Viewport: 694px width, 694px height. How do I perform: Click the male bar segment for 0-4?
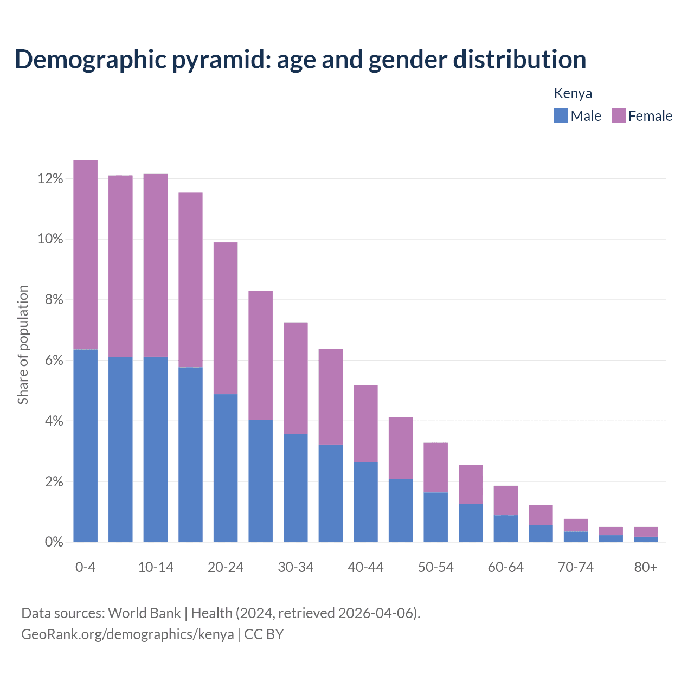pos(86,446)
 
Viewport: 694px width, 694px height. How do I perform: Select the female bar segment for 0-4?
pos(86,255)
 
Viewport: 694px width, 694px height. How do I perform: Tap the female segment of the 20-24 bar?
pos(226,318)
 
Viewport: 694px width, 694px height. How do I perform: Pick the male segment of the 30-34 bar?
pos(295,488)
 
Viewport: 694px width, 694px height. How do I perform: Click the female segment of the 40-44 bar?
pos(365,423)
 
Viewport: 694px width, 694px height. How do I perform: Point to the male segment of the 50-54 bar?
pos(435,517)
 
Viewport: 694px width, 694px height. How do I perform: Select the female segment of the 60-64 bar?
pos(505,500)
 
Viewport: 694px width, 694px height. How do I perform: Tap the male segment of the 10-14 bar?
pos(156,449)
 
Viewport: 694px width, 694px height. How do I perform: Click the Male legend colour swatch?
pos(560,115)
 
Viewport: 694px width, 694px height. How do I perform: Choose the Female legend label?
pos(650,116)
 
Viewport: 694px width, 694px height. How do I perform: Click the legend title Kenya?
pos(573,93)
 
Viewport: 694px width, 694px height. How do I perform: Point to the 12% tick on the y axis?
pos(50,179)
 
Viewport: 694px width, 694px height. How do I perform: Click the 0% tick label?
pos(53,542)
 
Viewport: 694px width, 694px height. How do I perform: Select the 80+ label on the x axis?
pos(646,568)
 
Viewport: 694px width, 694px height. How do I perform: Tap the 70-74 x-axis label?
pos(576,568)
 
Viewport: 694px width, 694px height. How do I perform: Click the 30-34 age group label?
pos(295,568)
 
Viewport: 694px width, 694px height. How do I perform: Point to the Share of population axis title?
pos(23,345)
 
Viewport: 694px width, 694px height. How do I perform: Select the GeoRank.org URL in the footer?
pos(127,634)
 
